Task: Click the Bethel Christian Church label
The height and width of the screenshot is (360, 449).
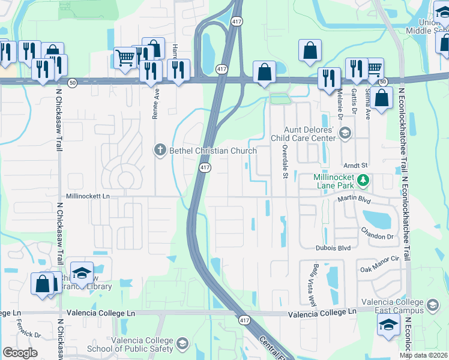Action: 213,150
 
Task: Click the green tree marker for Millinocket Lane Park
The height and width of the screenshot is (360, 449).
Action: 363,179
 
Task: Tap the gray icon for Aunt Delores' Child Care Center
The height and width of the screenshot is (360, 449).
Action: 345,133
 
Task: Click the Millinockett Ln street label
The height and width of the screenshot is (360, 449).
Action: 89,196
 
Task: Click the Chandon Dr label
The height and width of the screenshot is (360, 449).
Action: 377,236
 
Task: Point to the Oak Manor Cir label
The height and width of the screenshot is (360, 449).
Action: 380,269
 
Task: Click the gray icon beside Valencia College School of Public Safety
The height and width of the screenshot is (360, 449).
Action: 182,344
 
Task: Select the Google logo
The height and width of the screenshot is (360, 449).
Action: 20,353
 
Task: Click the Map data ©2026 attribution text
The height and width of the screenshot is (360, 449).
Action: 424,355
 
